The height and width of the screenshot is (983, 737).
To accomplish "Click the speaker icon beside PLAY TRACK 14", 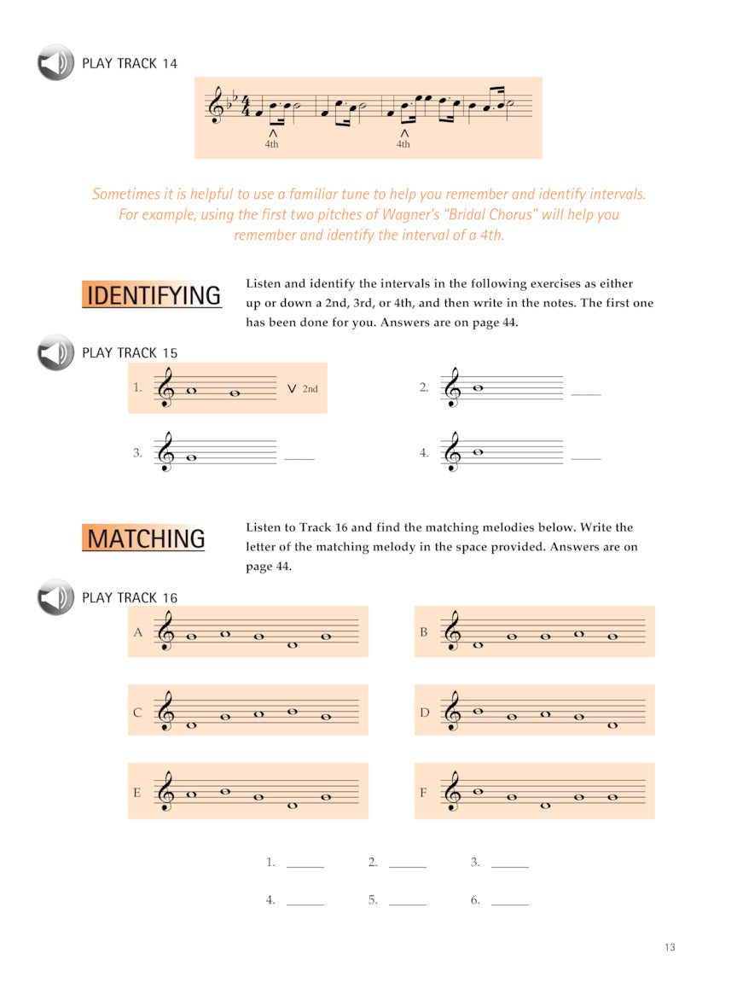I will [x=56, y=62].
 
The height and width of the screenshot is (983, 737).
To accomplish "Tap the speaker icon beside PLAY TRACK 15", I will [x=56, y=352].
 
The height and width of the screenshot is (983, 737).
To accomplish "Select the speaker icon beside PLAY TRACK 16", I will [x=56, y=597].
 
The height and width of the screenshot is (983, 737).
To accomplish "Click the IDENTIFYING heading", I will [x=152, y=295].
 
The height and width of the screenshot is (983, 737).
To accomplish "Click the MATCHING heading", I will [x=145, y=539].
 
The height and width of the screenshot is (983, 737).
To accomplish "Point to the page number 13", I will [x=670, y=947].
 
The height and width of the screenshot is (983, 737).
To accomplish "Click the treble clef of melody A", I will [x=165, y=632].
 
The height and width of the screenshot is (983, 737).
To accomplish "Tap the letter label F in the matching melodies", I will [x=423, y=793].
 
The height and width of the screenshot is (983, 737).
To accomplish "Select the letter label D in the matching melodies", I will [x=424, y=713].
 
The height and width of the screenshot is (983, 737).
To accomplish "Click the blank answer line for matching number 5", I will [x=407, y=903].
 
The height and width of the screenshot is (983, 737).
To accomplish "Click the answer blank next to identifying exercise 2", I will [x=585, y=393].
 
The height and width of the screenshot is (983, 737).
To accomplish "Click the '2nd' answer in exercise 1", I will [x=310, y=389].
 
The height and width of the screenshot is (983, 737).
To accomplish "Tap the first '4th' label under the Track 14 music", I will [x=271, y=144].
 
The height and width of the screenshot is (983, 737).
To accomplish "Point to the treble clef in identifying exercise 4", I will [x=452, y=452].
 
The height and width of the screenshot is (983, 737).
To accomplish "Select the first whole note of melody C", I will [x=191, y=726].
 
